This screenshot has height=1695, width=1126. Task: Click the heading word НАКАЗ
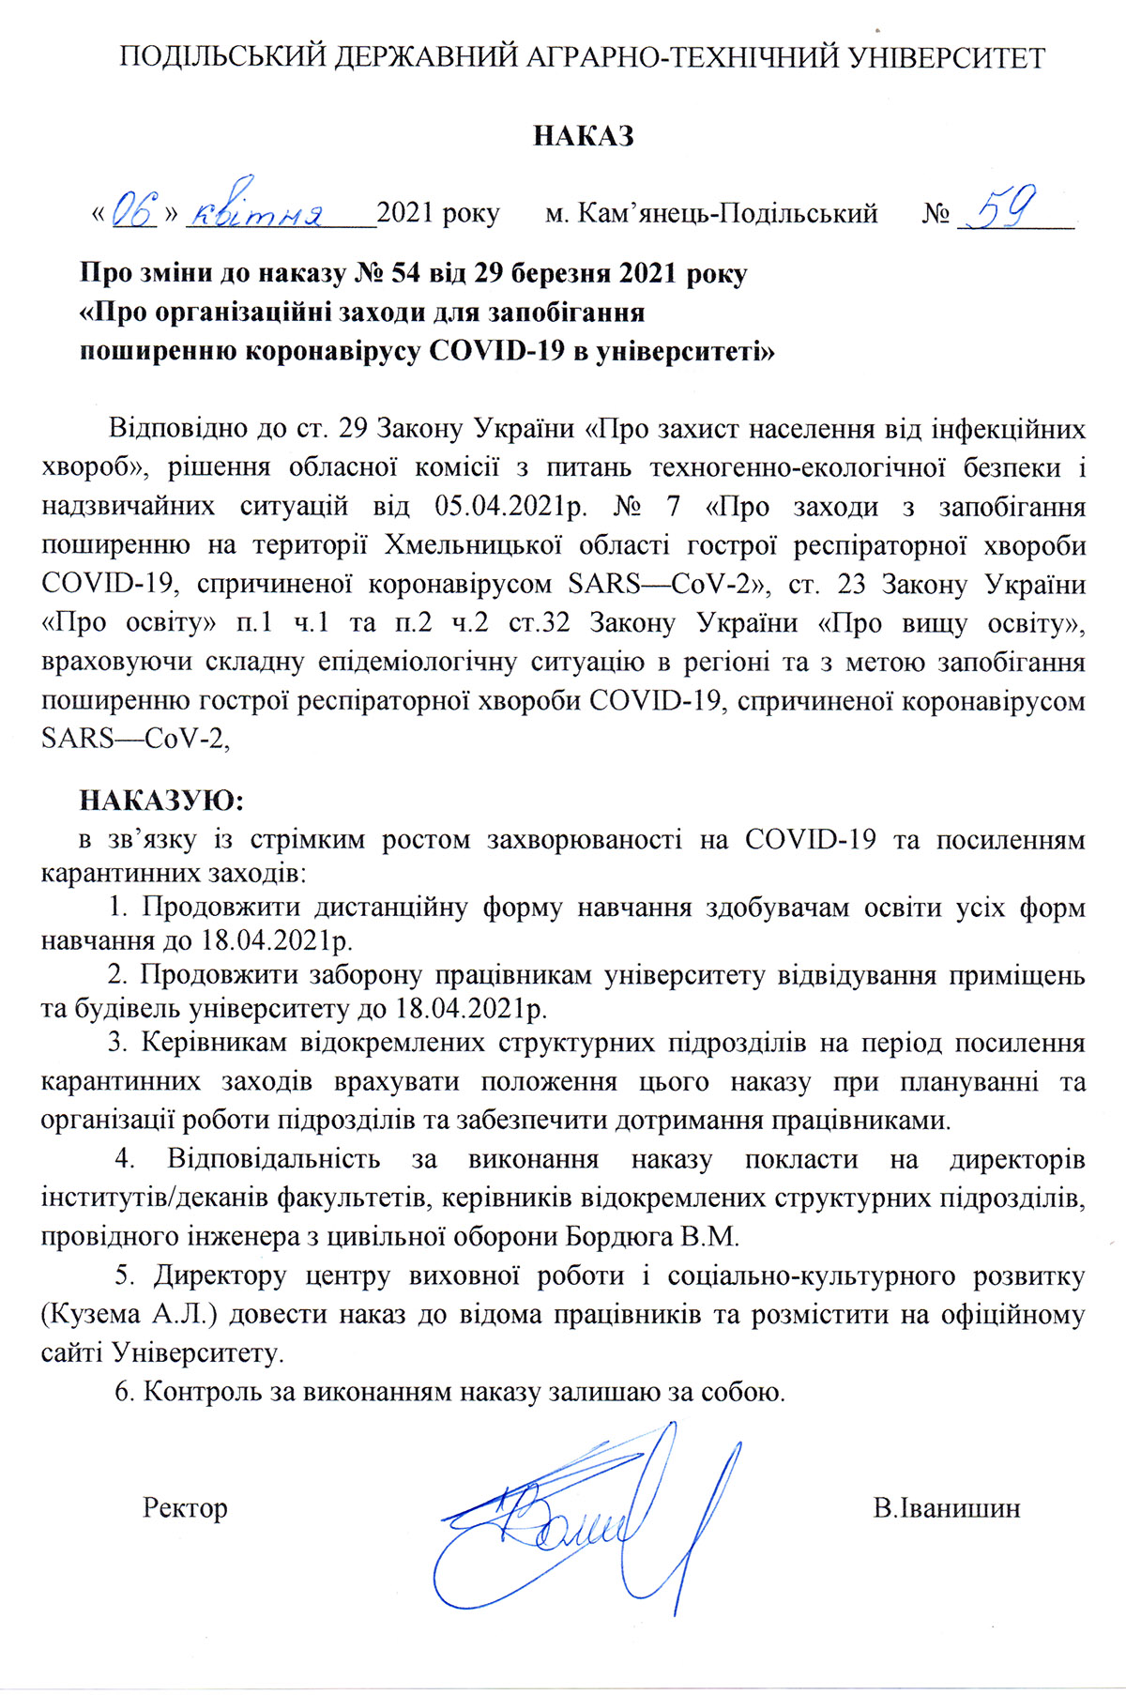(x=583, y=136)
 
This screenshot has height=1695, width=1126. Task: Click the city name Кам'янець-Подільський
(x=727, y=214)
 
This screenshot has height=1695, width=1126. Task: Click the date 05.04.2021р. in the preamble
(x=510, y=507)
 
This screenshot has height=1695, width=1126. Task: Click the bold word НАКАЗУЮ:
(x=161, y=801)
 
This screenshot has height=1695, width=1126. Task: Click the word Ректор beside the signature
(x=185, y=1508)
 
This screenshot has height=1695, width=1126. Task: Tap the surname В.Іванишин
(x=946, y=1508)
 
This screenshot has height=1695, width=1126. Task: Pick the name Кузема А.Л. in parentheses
(x=129, y=1314)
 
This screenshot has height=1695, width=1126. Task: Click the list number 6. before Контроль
(x=124, y=1392)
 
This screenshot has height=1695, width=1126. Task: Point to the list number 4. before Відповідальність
(x=125, y=1159)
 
